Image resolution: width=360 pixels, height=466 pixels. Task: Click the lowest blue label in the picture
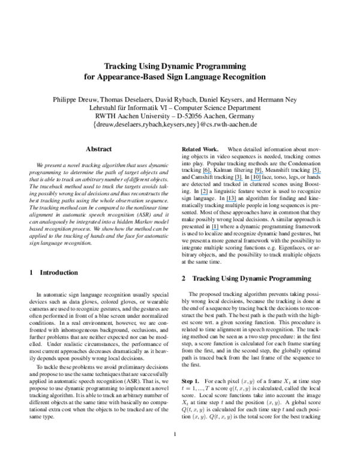point(215,229)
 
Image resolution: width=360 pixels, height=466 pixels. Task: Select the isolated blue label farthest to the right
point(317,174)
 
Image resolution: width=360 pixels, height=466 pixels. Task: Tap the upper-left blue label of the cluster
point(208,174)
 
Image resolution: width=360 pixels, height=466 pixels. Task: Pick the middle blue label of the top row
point(259,174)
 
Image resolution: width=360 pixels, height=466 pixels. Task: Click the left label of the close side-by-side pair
point(239,180)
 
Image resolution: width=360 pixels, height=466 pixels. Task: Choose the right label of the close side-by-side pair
point(256,180)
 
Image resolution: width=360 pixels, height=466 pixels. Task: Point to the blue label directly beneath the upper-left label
point(205,195)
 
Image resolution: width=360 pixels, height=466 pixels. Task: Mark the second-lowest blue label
point(232,202)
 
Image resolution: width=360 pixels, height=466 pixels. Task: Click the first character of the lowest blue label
point(211,229)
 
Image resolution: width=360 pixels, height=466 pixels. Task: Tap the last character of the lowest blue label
point(218,229)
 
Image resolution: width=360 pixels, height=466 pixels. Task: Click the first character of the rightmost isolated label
point(313,174)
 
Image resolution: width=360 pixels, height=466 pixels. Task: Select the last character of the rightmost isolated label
point(321,174)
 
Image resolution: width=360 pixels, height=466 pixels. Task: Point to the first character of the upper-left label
point(203,174)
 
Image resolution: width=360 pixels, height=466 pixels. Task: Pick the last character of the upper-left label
point(212,174)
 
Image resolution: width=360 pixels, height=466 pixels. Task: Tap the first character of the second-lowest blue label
point(227,202)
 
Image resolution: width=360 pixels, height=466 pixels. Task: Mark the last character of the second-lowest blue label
point(236,202)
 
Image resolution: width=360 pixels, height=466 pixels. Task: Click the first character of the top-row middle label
point(255,174)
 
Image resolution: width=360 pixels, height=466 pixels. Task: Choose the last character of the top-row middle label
point(263,174)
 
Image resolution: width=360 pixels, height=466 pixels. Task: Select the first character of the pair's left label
point(235,180)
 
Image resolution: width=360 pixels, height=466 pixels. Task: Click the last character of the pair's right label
point(260,180)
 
